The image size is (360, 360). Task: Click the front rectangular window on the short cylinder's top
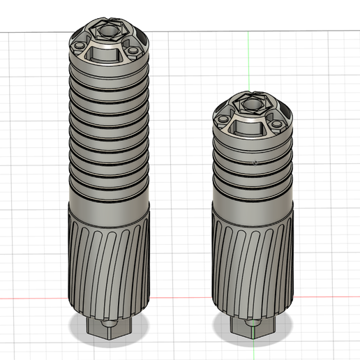(250, 126)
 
